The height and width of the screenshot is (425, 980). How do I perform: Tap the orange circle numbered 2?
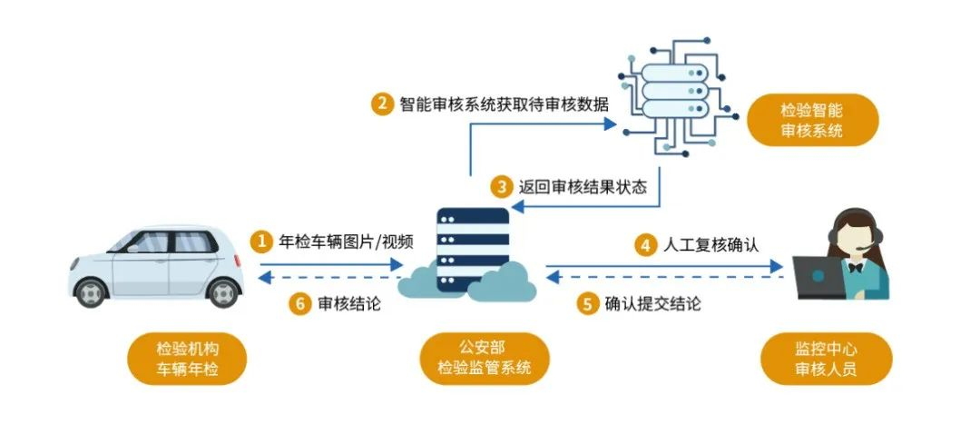click(381, 104)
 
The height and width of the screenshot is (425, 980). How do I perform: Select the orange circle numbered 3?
click(502, 188)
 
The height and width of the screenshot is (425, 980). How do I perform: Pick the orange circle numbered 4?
click(645, 244)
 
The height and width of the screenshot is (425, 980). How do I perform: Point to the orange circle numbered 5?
click(587, 303)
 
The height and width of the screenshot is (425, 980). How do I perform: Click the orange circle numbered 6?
click(299, 303)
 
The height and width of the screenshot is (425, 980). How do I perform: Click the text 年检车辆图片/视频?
click(345, 242)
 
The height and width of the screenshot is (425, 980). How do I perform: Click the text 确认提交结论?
click(652, 303)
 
